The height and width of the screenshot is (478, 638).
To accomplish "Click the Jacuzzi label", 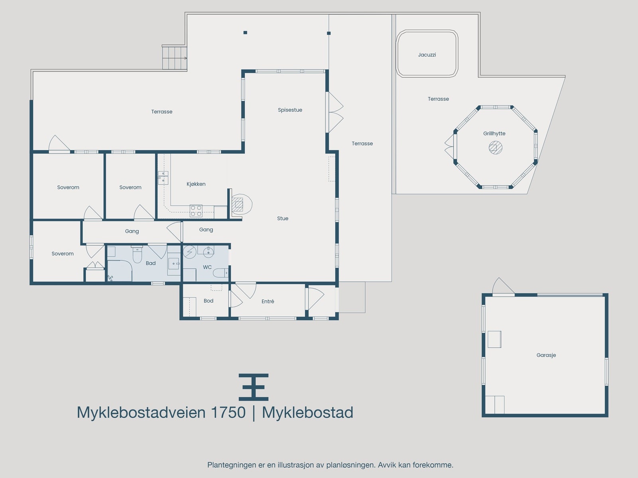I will [x=427, y=55].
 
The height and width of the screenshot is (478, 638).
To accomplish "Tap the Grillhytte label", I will [x=494, y=134].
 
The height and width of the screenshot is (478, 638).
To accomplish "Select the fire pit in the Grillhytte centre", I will [x=495, y=148].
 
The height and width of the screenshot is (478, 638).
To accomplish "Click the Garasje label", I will [x=546, y=355].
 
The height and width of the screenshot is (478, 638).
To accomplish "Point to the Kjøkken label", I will [x=196, y=184].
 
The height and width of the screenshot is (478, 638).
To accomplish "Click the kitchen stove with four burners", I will [x=196, y=211].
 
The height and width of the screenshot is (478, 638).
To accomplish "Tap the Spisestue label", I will [x=290, y=110].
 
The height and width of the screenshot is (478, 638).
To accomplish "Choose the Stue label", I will [x=283, y=218].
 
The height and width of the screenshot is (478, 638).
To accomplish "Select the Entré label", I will [x=268, y=302].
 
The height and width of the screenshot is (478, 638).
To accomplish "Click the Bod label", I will [x=209, y=301].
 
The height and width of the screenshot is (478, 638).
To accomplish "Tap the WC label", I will [x=207, y=267].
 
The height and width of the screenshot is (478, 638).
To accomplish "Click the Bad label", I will [x=151, y=263].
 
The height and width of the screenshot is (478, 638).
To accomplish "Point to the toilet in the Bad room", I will [x=137, y=255].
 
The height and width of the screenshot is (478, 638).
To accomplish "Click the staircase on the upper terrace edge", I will [x=174, y=58].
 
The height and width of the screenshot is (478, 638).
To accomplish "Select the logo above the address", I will [x=254, y=387].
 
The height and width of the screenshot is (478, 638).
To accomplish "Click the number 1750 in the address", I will [x=228, y=413].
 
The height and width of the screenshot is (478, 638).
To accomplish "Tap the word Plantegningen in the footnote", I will [x=231, y=465].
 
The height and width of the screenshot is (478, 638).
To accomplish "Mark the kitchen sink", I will [x=163, y=177].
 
